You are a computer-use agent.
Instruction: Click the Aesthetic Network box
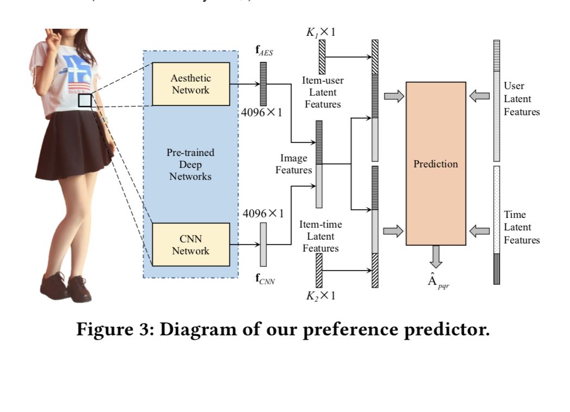coord(190,84)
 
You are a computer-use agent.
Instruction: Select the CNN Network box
coord(190,245)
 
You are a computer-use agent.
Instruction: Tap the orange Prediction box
coord(436,164)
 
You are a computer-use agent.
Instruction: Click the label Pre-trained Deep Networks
coord(190,164)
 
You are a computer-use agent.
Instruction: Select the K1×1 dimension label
coord(320,32)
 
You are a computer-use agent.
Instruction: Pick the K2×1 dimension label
coord(320,296)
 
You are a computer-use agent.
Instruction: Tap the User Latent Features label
coord(521,99)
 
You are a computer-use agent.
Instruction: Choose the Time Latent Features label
coord(521,227)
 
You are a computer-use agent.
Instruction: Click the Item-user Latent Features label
coord(323,92)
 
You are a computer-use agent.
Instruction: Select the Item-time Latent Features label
coord(320,236)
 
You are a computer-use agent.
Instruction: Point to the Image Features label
coord(294,164)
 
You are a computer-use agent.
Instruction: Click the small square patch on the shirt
coord(85,100)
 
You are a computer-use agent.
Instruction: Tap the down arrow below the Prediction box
coord(436,256)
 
